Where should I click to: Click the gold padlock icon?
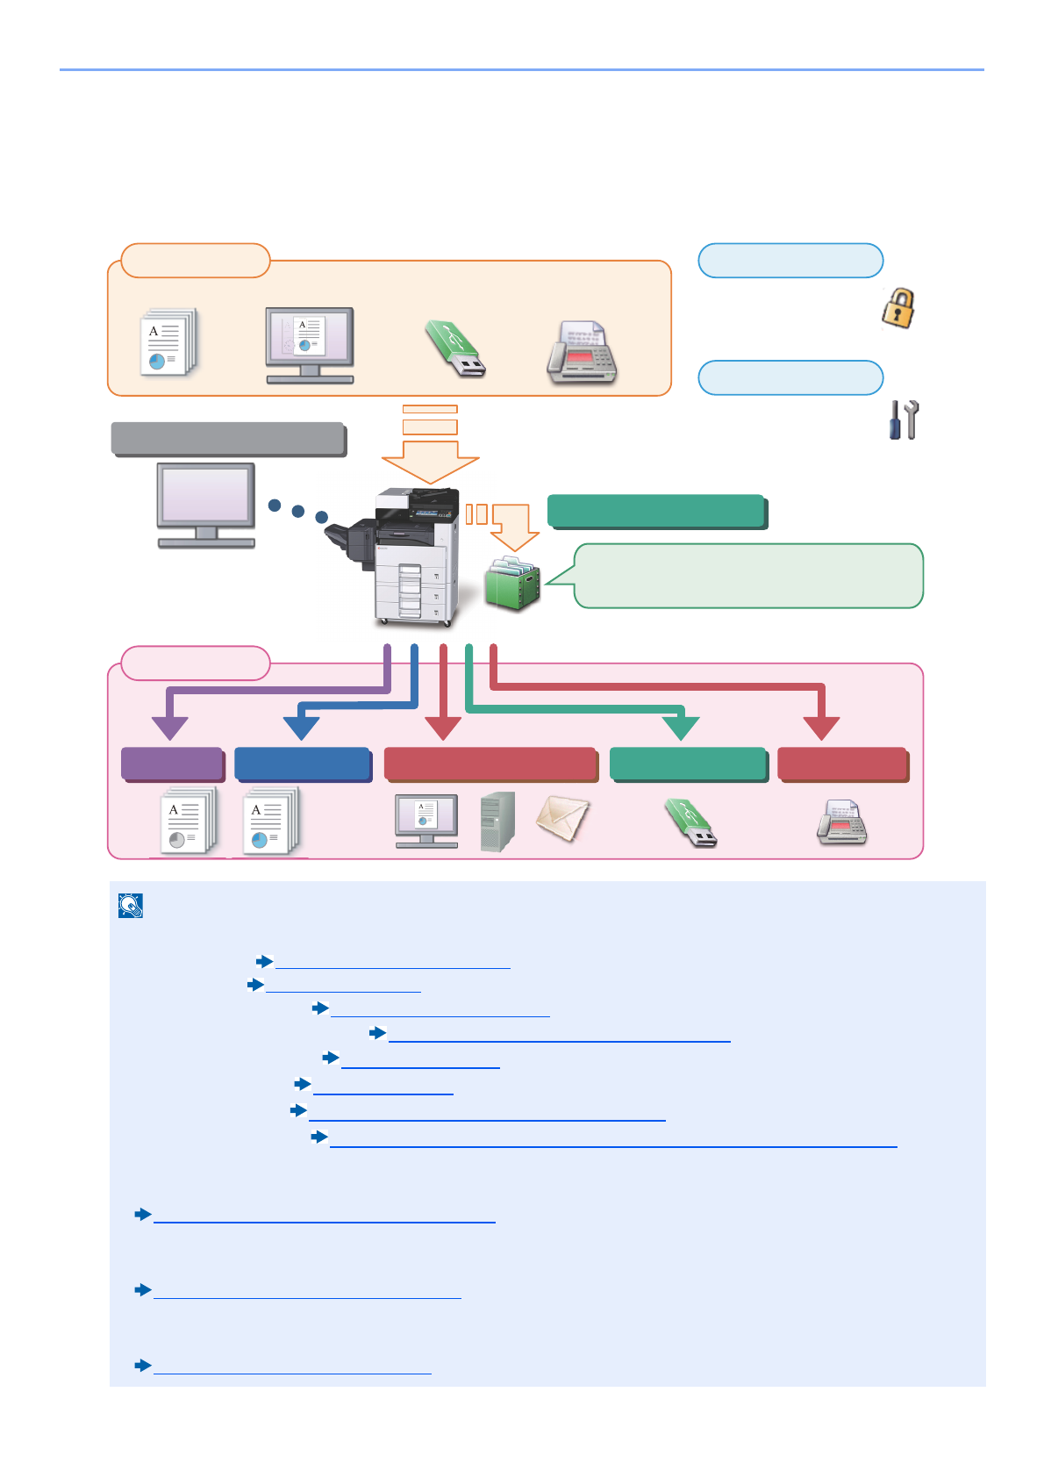coord(898,309)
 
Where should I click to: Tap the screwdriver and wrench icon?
coord(904,420)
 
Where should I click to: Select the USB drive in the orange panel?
coord(455,348)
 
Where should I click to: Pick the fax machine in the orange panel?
coord(582,352)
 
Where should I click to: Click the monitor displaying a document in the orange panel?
coord(310,345)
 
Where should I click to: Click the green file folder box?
coord(512,584)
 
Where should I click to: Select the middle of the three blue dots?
coord(298,511)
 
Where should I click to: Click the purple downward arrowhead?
coord(170,728)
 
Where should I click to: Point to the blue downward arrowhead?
coord(301,728)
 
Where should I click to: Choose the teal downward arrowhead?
coord(681,728)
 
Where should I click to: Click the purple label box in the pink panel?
coord(172,764)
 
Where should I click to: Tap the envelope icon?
coord(562,819)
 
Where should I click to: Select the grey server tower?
coord(497,822)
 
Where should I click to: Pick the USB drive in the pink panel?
coord(691,822)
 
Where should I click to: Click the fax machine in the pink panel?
coord(841,823)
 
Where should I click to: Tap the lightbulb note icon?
coord(131,906)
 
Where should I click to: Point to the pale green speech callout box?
coord(747,576)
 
